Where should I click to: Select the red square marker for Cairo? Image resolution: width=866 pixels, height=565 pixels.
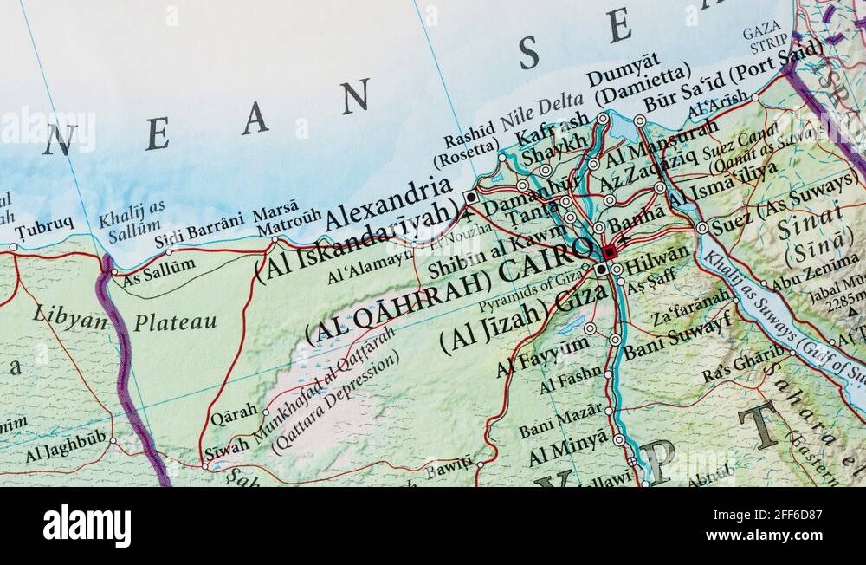[610, 252]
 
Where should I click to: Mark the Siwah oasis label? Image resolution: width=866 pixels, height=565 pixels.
[226, 446]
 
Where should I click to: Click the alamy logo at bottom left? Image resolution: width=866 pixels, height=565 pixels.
[87, 525]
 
